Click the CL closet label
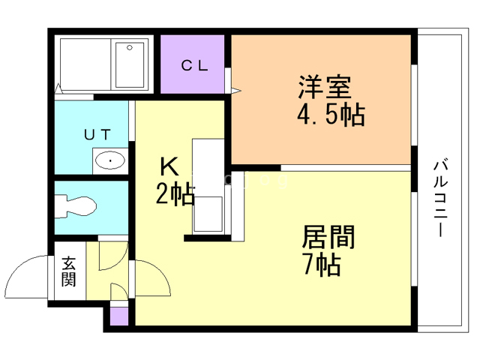pyautogui.click(x=193, y=65)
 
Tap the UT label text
pyautogui.click(x=97, y=135)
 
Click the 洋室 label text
pyautogui.click(x=323, y=86)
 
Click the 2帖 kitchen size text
pyautogui.click(x=175, y=196)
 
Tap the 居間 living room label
pyautogui.click(x=328, y=238)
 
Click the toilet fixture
pyautogui.click(x=76, y=205)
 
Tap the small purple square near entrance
pyautogui.click(x=118, y=316)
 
